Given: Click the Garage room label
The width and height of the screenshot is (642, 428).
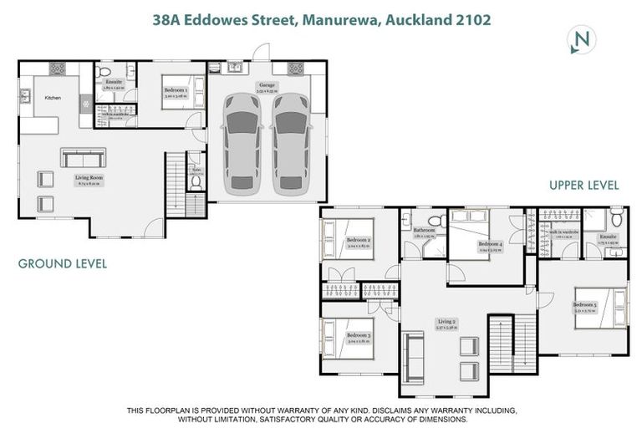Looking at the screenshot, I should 267,85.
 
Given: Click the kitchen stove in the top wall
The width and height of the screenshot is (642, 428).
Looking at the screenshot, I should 59,69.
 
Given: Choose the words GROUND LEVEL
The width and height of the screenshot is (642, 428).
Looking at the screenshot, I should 63,264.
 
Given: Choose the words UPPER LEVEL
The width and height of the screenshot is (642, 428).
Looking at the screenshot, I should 583,186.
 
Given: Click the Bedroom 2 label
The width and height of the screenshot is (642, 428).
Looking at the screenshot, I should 359,241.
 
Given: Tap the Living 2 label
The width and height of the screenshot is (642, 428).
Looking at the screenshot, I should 448,322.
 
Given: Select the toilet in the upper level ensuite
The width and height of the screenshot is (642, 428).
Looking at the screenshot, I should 616,220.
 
